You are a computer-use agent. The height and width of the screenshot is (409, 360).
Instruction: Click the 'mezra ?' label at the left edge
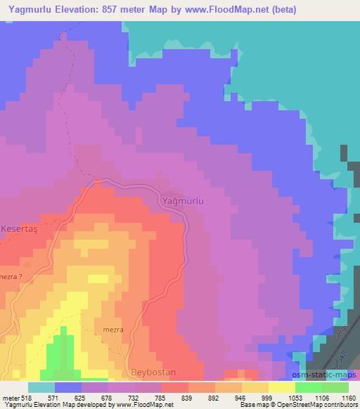tap(15, 277)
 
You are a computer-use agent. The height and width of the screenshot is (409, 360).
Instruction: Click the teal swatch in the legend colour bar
tap(41, 387)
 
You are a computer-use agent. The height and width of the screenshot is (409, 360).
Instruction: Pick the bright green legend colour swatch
tap(308, 387)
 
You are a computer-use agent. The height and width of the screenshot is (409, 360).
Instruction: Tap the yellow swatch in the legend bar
tap(281, 387)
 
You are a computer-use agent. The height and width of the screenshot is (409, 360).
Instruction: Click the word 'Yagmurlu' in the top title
tap(28, 10)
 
